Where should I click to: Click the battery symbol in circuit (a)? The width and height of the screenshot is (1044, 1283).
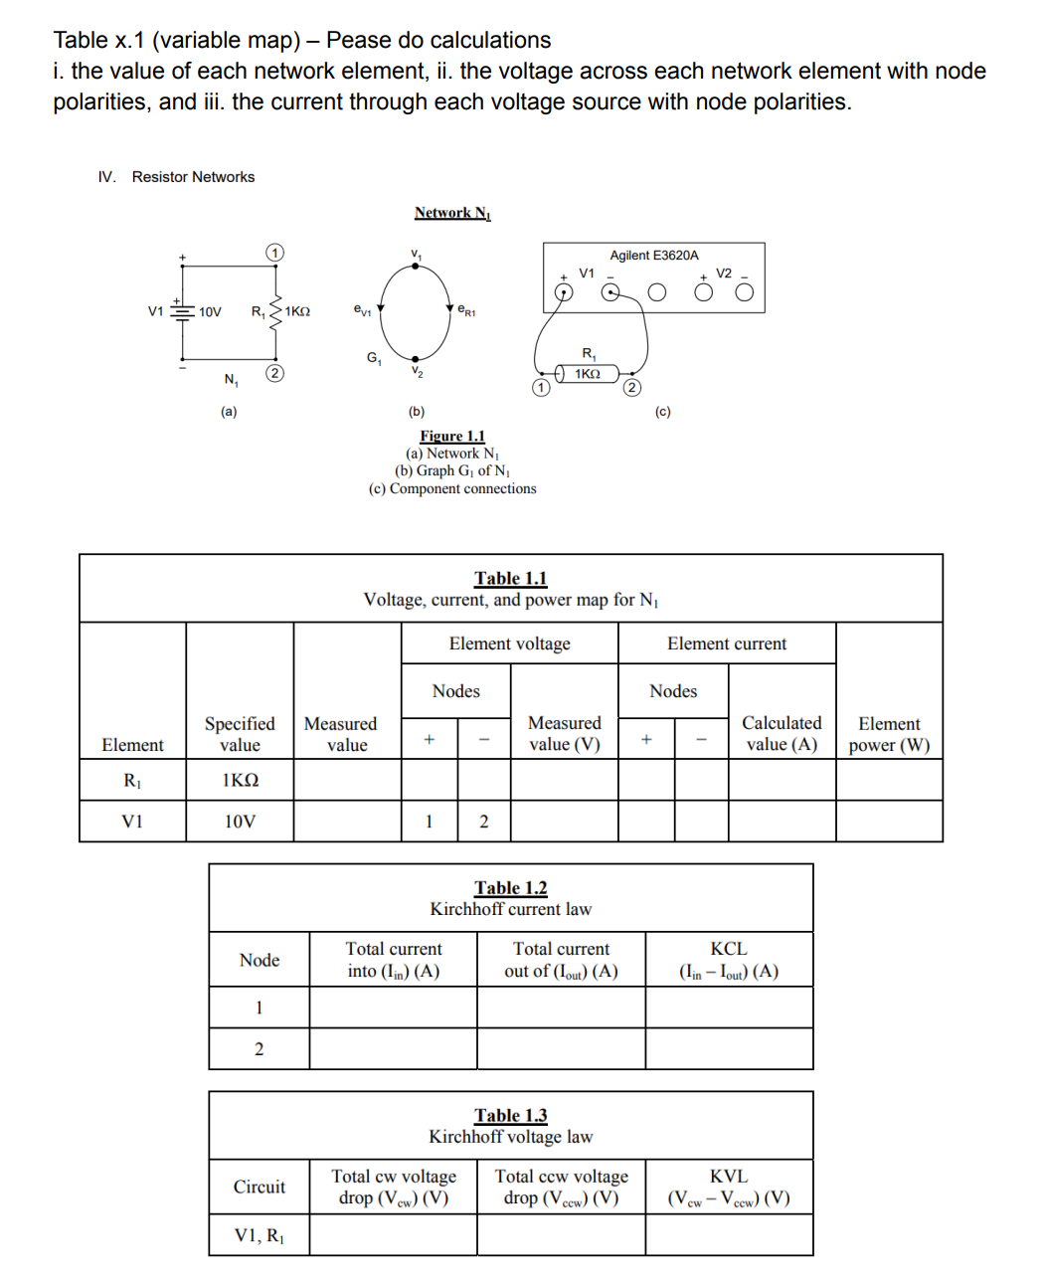point(182,310)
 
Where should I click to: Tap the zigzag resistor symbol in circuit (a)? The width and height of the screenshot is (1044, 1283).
point(275,310)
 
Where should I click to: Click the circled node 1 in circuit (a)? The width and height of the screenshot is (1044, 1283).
point(275,253)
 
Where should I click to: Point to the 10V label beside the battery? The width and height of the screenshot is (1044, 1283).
point(210,312)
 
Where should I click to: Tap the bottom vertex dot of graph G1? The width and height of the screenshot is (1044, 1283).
point(416,358)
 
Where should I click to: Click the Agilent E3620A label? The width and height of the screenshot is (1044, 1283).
point(653,256)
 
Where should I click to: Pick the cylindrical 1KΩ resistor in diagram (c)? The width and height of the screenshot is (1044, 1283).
point(587,374)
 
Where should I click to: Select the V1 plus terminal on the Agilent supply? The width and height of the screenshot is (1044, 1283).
point(563,292)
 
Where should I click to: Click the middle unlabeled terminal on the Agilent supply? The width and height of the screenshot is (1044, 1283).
point(656,292)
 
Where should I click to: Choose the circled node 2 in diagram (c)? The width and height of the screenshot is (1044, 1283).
point(632,387)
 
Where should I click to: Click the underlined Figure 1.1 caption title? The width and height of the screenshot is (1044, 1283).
point(452,436)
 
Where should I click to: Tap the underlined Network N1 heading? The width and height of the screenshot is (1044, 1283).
point(452,213)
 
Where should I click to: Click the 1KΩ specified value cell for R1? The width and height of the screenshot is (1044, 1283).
point(240,781)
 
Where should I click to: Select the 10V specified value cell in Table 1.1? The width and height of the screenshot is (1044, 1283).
point(240,822)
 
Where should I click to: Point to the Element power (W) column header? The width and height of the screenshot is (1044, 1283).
point(889,734)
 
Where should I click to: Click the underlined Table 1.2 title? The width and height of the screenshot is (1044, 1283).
point(511,887)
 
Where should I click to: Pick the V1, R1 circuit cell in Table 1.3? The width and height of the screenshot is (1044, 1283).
point(259,1235)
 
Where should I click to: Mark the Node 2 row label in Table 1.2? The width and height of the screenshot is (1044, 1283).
point(259,1049)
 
